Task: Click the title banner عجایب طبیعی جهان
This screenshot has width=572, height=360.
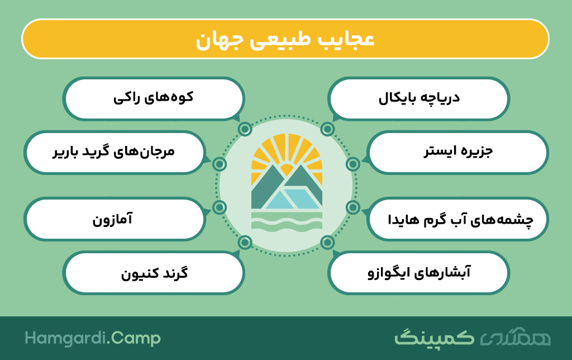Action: [285, 39]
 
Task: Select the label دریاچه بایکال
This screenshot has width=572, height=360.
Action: [418, 98]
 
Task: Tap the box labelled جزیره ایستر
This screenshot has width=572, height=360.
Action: [457, 152]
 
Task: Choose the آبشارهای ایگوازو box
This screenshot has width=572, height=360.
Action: [418, 273]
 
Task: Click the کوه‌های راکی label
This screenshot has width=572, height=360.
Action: [153, 98]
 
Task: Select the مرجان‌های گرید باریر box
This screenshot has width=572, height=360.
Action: [115, 152]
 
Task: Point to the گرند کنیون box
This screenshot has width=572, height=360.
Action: [153, 273]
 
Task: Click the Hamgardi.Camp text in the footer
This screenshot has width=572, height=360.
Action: [93, 338]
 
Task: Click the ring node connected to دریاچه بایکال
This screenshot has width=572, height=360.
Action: [327, 129]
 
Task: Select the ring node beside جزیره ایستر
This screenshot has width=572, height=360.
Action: [353, 164]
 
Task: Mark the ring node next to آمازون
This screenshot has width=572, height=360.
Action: [219, 207]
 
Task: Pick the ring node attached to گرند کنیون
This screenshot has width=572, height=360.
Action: [245, 242]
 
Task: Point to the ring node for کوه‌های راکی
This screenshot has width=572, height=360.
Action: [245, 129]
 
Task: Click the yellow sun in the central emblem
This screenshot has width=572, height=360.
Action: [287, 170]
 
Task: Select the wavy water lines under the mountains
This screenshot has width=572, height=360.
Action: [287, 222]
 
